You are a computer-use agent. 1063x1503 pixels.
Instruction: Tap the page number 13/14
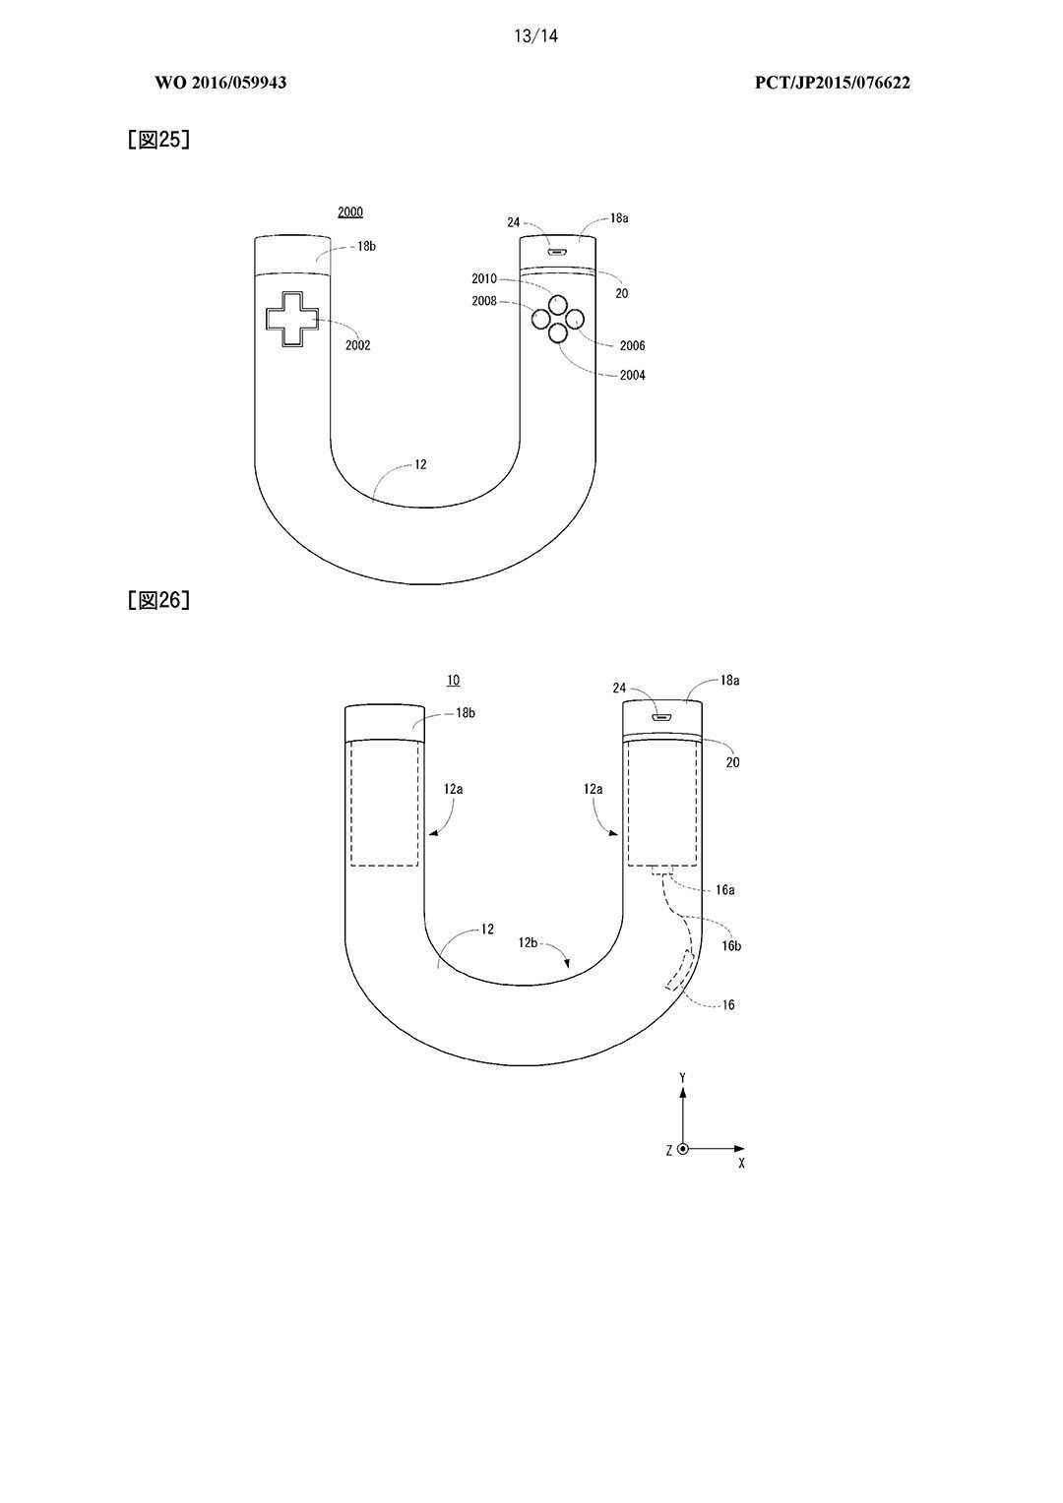tap(535, 35)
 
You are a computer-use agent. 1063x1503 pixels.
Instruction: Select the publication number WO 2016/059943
tap(220, 83)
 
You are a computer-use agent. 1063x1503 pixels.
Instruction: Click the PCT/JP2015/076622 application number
tap(832, 83)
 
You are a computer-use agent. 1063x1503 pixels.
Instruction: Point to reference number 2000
tap(349, 212)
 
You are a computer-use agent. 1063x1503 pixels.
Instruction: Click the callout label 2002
tap(358, 345)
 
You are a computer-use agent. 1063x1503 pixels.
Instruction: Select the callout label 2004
tap(633, 375)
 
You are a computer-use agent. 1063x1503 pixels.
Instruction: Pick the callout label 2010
tap(484, 278)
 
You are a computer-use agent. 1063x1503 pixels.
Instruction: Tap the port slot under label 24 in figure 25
tap(557, 253)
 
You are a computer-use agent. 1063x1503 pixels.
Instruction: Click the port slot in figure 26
tap(661, 717)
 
